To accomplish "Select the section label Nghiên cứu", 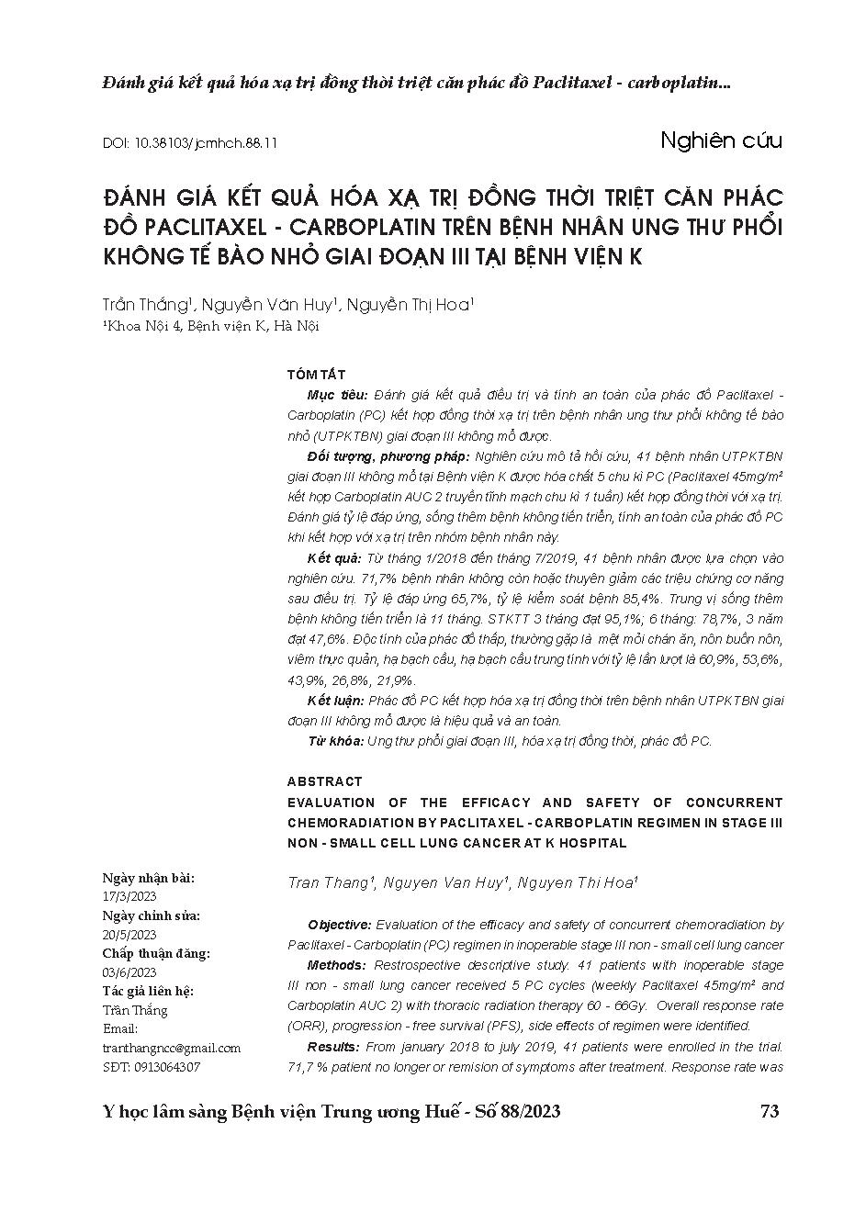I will coord(720,140).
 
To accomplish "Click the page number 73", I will coord(770,1111).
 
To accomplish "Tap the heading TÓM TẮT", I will coord(316,374).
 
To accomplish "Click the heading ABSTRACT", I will coord(324,781).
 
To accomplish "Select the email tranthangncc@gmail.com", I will coord(172,1048).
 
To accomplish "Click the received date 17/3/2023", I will coord(129,896).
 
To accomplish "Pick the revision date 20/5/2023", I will coord(129,935).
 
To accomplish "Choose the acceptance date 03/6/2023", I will coord(129,972).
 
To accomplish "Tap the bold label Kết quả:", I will coord(334,558).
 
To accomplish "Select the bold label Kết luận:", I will coord(335,701).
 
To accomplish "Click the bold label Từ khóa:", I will coord(335,740).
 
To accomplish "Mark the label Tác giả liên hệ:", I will coord(148,992).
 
